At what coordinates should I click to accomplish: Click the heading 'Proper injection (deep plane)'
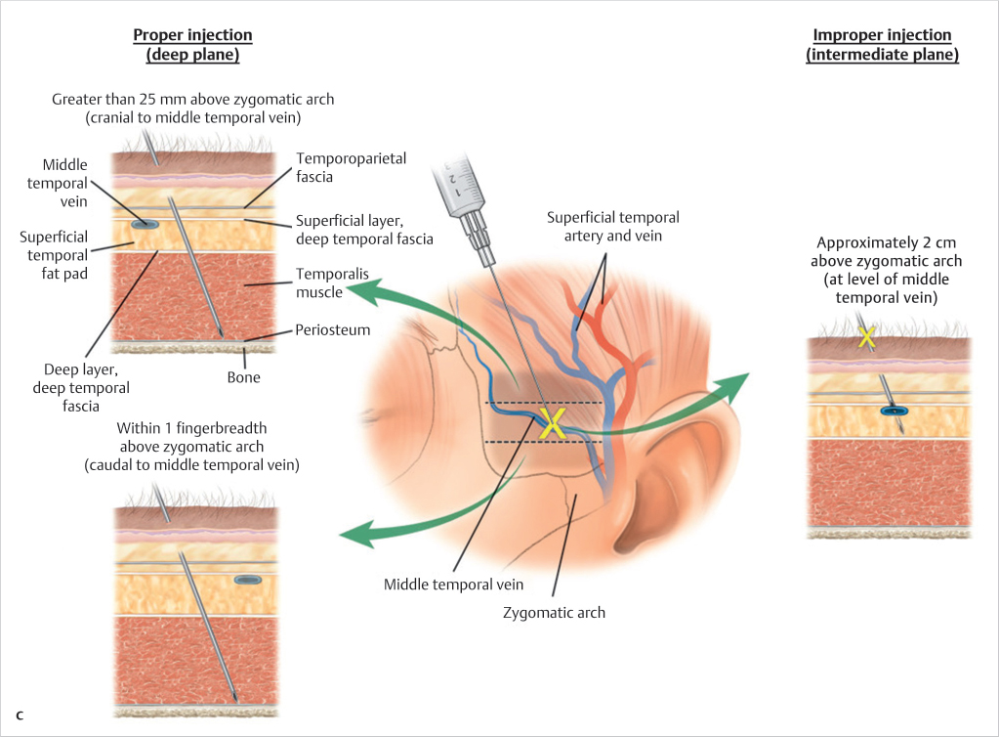click(192, 45)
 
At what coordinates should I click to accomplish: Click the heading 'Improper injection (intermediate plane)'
click(882, 45)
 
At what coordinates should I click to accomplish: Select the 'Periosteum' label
click(333, 331)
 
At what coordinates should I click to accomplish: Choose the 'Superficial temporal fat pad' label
click(54, 254)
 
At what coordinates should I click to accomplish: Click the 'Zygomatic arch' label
click(554, 613)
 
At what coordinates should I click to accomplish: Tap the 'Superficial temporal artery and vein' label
click(613, 226)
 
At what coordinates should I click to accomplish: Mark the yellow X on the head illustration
click(553, 423)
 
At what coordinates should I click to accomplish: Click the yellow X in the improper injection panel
click(865, 337)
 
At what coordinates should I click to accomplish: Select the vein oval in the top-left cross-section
click(146, 224)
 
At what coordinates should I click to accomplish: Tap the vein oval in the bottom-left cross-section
click(248, 580)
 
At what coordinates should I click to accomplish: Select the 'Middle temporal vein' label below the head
click(453, 585)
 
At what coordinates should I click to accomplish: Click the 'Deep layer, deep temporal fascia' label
click(87, 387)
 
